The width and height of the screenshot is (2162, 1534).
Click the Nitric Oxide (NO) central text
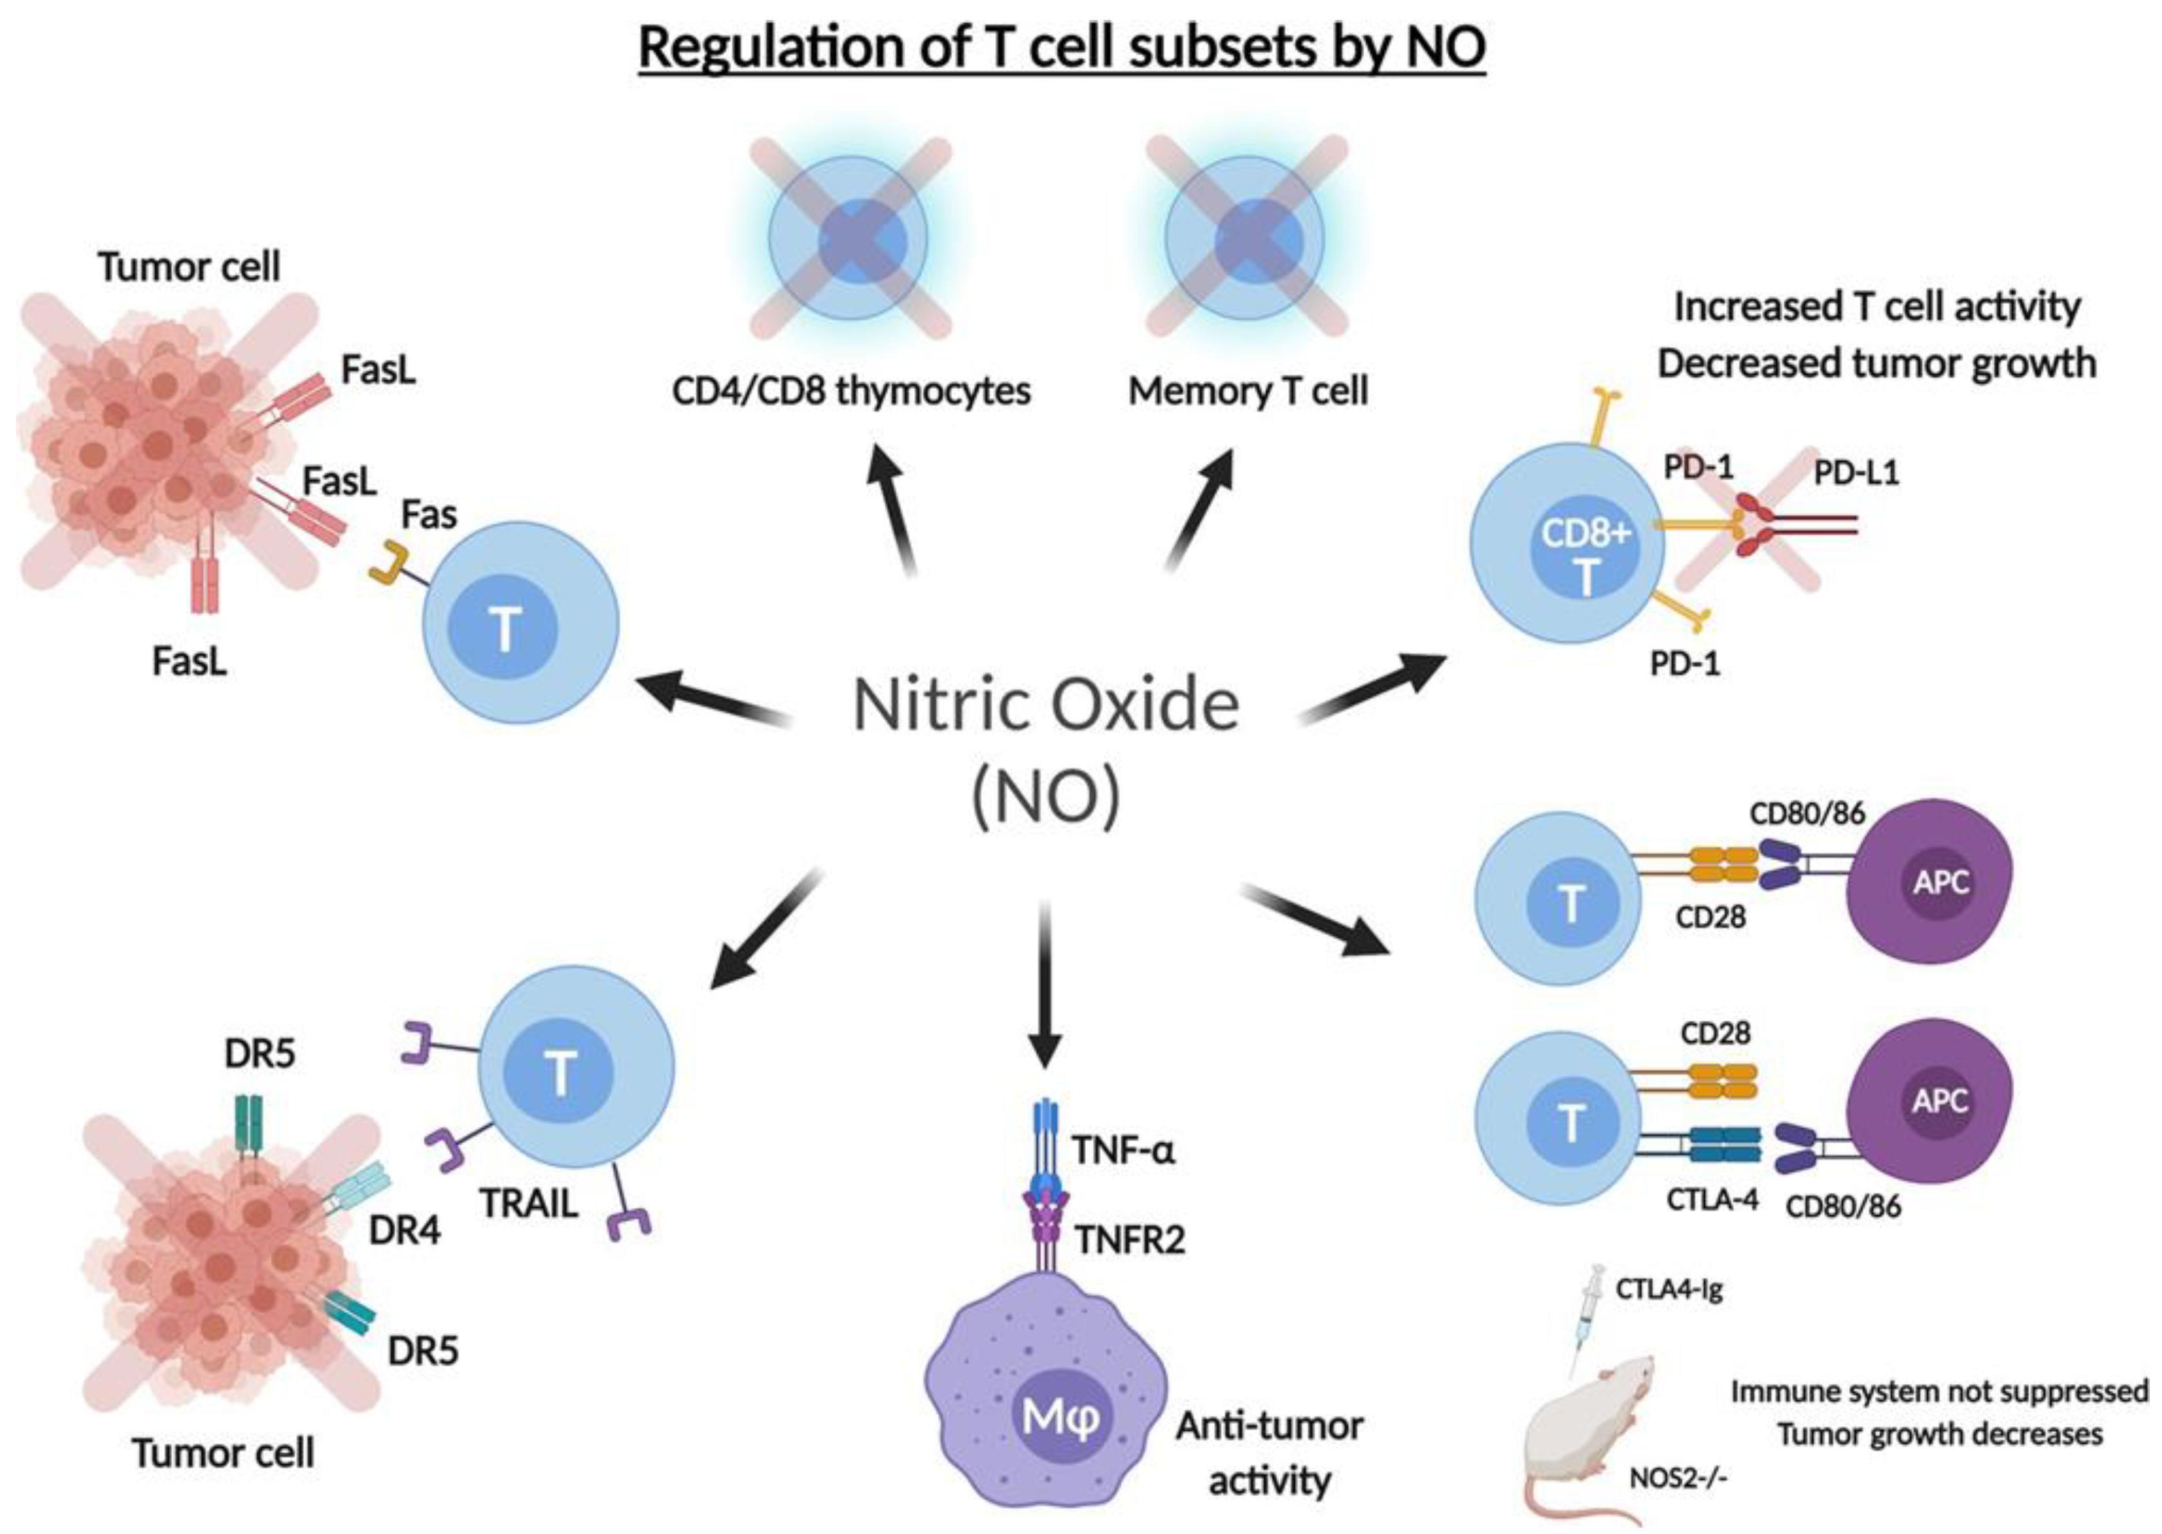click(x=1046, y=746)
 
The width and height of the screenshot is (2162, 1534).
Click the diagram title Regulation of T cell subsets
click(x=1061, y=47)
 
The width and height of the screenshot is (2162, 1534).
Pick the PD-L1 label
click(x=1855, y=472)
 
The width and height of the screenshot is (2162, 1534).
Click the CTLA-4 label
click(x=1711, y=1199)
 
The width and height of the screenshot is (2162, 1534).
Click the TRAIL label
click(x=529, y=1203)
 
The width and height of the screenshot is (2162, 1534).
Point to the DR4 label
click(x=404, y=1231)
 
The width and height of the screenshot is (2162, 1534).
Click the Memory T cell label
click(x=1247, y=391)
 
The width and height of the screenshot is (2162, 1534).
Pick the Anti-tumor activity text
click(x=1268, y=1453)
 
